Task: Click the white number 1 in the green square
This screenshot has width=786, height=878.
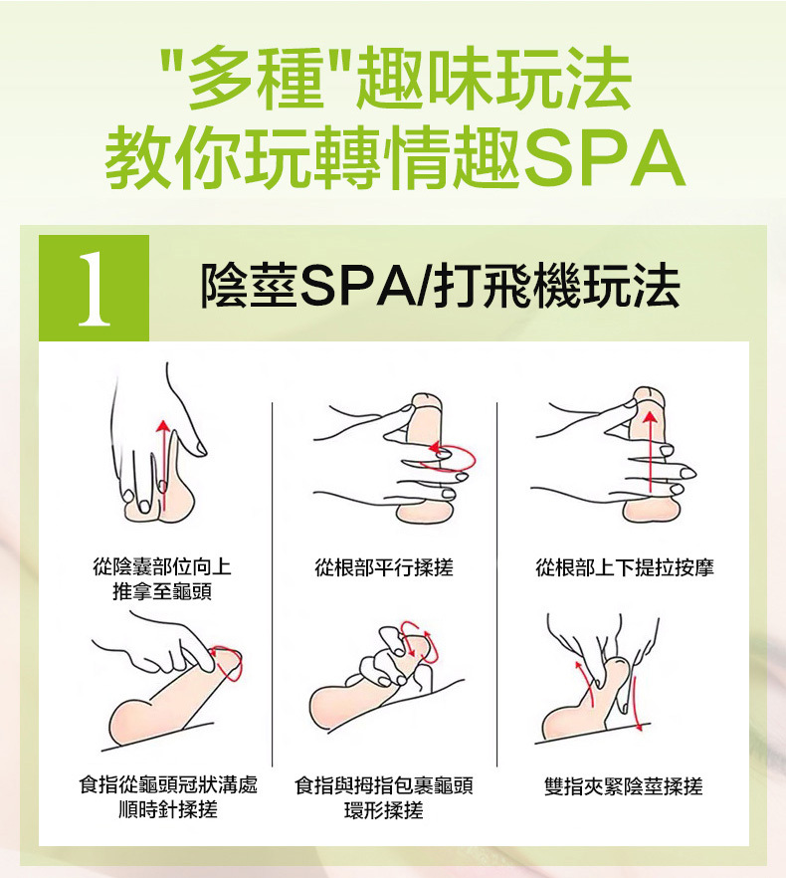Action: click(x=95, y=289)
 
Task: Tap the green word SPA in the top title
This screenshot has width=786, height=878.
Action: click(x=605, y=158)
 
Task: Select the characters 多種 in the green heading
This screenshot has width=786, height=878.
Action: click(x=256, y=78)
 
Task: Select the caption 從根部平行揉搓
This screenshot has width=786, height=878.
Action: click(x=383, y=567)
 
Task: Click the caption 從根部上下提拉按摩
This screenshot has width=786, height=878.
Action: click(x=624, y=567)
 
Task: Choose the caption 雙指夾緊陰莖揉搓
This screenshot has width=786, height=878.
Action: click(x=623, y=786)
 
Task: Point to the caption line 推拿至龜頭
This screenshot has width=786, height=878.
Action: click(x=162, y=591)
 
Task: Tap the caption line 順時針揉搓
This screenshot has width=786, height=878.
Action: click(x=167, y=809)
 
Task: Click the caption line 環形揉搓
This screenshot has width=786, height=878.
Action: click(x=383, y=809)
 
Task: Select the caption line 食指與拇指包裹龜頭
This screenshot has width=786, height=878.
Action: click(x=383, y=785)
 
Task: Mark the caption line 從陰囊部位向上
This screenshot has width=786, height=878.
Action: click(x=162, y=566)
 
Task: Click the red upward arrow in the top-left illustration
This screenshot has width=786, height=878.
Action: click(x=163, y=465)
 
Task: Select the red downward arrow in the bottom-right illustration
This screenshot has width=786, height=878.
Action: click(x=637, y=704)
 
